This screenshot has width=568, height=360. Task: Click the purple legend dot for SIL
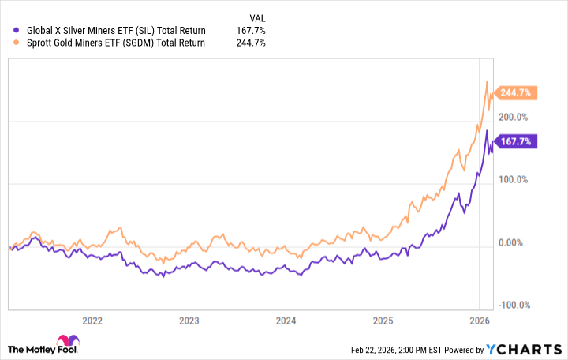18,31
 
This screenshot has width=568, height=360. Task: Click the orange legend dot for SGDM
18,43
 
